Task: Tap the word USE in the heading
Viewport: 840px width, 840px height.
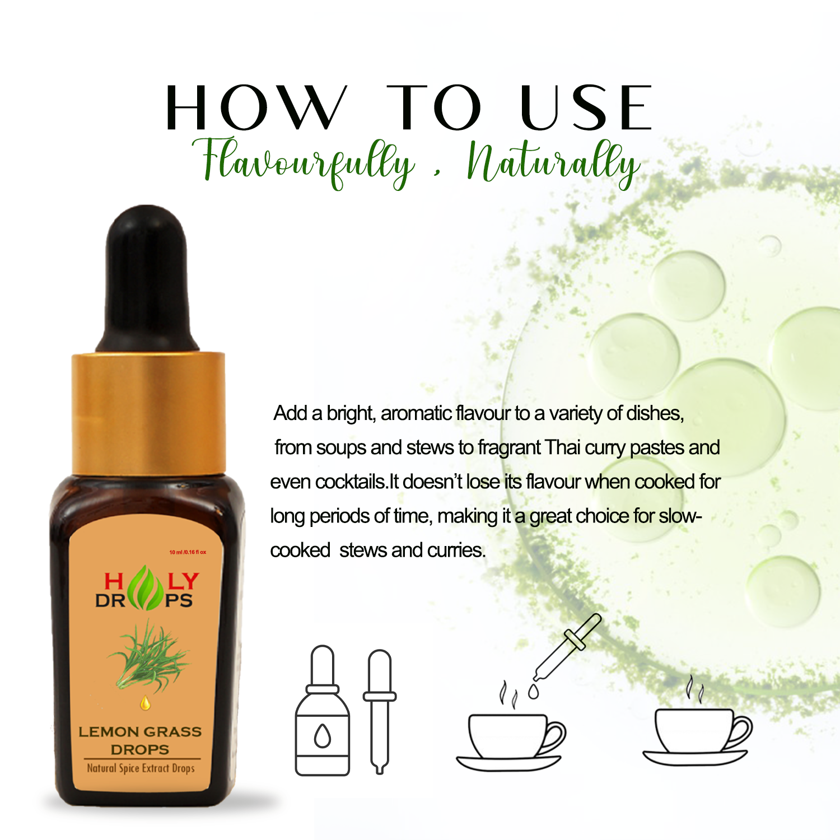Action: [x=586, y=108]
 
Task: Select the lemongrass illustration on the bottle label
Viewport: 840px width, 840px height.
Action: [x=149, y=656]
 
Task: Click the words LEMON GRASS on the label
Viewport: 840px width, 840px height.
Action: [x=140, y=732]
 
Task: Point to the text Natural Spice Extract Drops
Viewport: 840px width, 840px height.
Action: [x=141, y=768]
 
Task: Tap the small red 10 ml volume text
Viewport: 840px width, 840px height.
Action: [x=188, y=552]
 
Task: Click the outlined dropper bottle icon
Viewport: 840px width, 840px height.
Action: [x=323, y=711]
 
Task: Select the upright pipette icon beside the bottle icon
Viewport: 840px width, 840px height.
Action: [x=380, y=712]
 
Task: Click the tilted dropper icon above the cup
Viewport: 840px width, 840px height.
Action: [x=567, y=647]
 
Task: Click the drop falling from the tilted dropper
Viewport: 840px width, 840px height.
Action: [x=534, y=692]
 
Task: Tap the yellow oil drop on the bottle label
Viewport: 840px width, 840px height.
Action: [x=146, y=703]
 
